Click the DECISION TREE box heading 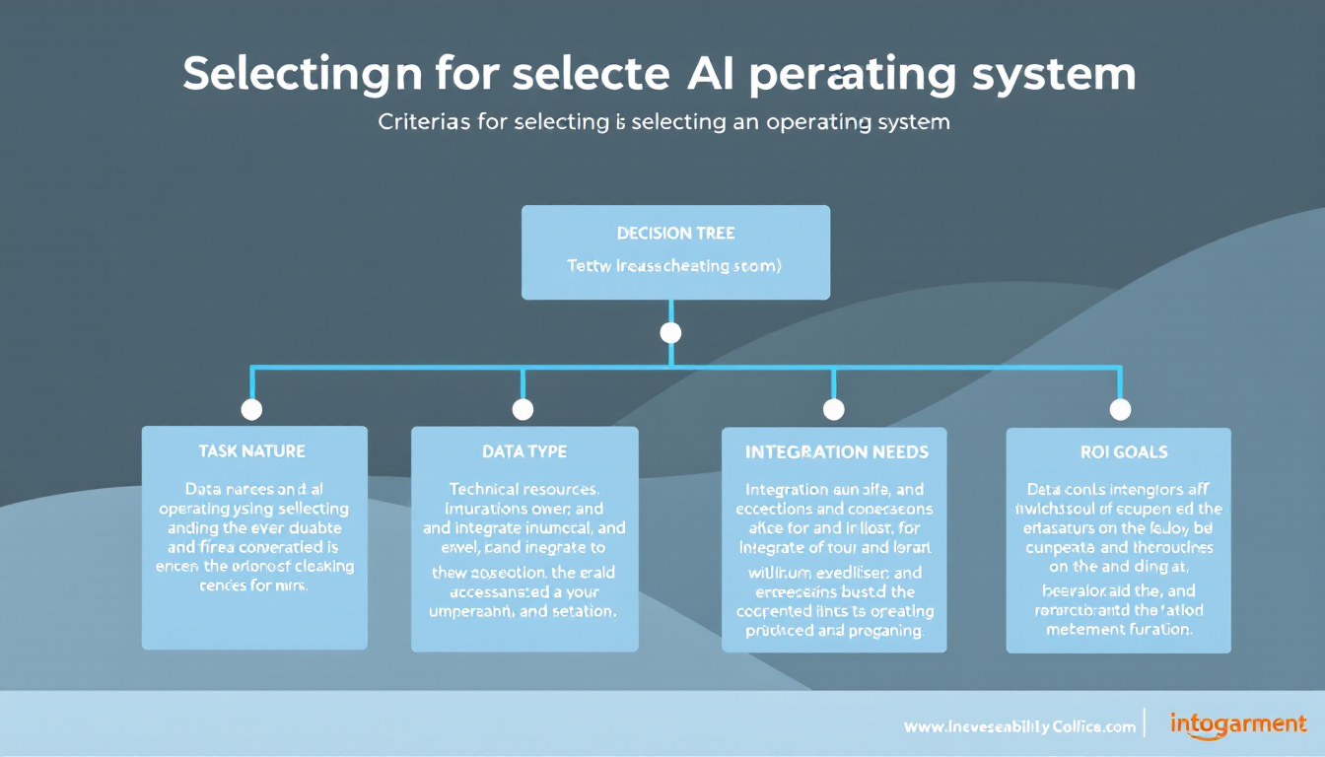point(675,234)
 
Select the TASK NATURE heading point(251,451)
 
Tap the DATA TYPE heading point(524,451)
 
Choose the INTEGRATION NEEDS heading point(835,452)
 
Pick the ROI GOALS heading point(1119,452)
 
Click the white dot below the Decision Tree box point(670,332)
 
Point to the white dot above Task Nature point(251,409)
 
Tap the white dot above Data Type point(523,409)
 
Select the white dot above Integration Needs point(834,409)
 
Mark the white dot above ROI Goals point(1120,409)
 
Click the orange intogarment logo point(1238,724)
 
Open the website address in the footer point(1019,726)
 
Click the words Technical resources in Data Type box point(524,488)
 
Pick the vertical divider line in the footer point(1144,723)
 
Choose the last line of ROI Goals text point(1119,629)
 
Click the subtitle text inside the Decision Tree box point(675,266)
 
